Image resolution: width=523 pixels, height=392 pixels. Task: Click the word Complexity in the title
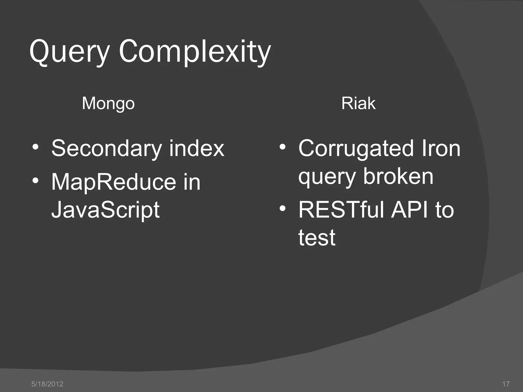pos(195,52)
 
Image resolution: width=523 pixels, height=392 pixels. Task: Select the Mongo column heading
pos(108,104)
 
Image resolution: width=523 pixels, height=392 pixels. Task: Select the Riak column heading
pos(358,104)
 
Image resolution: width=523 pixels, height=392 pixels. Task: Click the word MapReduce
pos(114,182)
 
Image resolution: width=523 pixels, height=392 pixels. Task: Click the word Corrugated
pos(356,149)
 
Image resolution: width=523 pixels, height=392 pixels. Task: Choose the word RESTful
pos(341,210)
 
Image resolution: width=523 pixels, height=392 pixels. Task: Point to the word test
pos(317,238)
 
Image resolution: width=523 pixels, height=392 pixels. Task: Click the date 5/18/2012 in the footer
pos(47,384)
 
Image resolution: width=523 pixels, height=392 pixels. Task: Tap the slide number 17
pos(506,384)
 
